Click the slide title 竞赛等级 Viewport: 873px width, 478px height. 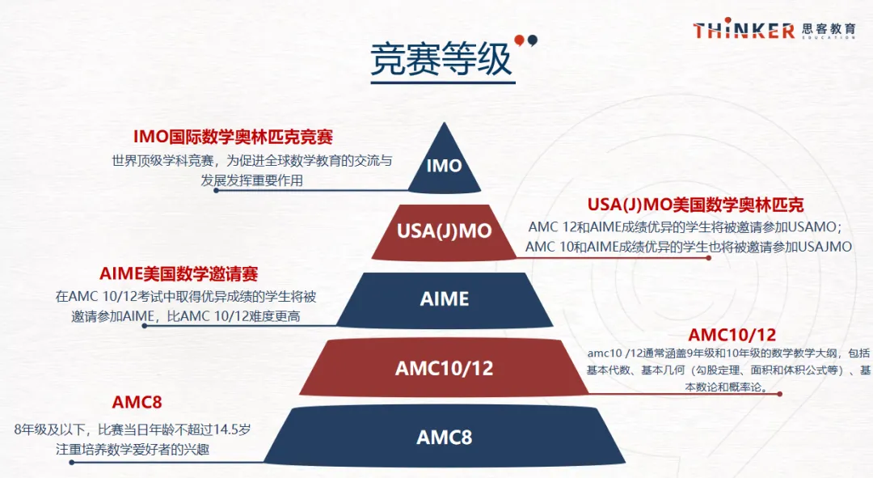click(x=441, y=59)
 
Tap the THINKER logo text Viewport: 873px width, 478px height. click(x=744, y=31)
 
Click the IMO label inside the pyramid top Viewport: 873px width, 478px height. click(x=444, y=166)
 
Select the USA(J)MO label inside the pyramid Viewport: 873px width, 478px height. click(x=444, y=231)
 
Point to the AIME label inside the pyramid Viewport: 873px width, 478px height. click(x=444, y=299)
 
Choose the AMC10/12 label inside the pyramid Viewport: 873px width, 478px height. click(x=444, y=369)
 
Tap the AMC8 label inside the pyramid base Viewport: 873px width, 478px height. click(x=444, y=438)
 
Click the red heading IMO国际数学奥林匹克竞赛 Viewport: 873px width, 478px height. click(x=233, y=137)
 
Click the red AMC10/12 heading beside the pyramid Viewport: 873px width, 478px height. click(x=732, y=335)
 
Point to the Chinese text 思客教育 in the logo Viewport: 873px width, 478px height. click(x=829, y=29)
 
